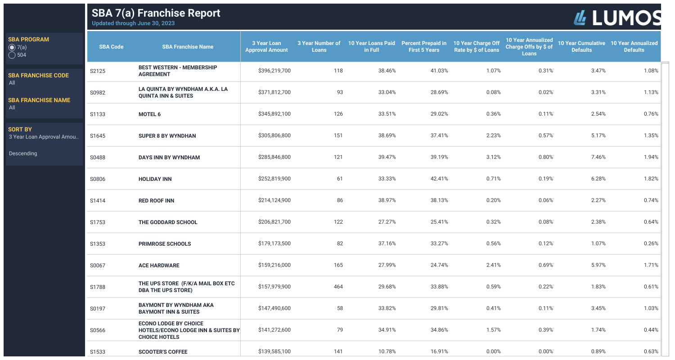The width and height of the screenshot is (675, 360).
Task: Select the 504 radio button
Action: [12, 55]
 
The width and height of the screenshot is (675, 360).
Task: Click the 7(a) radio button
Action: [12, 47]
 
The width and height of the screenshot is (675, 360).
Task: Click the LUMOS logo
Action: [617, 17]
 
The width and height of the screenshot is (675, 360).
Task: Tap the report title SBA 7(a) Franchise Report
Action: [156, 13]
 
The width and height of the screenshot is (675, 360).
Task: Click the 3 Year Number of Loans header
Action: [319, 46]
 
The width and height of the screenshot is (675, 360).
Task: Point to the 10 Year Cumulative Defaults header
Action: [581, 46]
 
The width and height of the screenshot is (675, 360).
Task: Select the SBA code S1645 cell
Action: [98, 136]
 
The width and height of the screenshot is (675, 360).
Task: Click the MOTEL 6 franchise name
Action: [149, 114]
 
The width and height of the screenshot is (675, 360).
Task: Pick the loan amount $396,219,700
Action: [274, 71]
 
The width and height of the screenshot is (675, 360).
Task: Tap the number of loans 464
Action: [338, 287]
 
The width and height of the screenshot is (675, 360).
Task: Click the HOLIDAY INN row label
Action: [155, 179]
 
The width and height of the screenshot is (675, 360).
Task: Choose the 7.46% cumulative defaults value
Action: [598, 157]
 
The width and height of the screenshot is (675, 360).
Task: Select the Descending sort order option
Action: [23, 153]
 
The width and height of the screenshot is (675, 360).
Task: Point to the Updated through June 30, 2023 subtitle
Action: [133, 23]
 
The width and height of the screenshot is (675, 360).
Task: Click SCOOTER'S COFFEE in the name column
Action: [162, 352]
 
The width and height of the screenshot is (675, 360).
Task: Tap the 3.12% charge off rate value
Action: [493, 157]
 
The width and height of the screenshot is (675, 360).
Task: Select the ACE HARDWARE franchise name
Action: [158, 265]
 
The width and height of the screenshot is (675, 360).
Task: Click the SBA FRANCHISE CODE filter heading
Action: [38, 75]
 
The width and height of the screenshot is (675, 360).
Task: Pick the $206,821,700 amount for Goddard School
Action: [274, 222]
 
